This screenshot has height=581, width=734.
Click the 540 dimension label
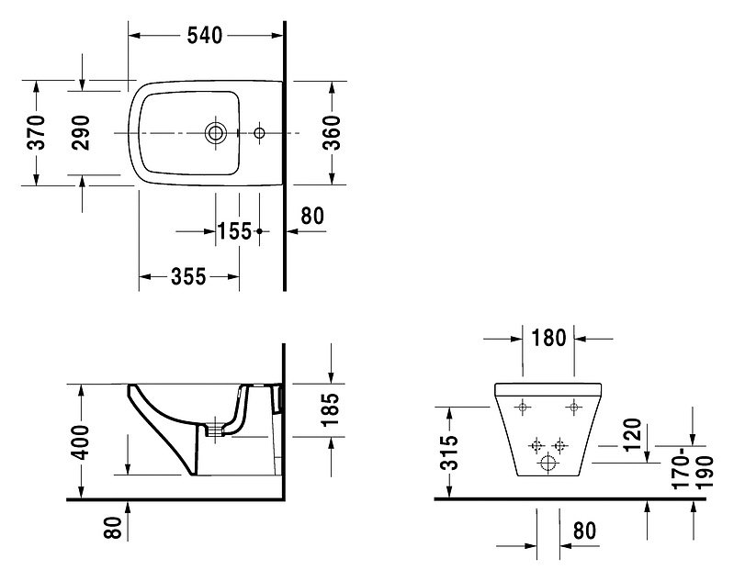205,36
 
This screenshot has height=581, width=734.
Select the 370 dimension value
36,132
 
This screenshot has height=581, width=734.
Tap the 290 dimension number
81,132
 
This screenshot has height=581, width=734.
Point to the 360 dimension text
332,132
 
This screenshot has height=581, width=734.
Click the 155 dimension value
234,231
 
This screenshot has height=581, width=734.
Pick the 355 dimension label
188,276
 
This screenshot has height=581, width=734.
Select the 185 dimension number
330,409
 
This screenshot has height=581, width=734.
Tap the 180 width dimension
548,338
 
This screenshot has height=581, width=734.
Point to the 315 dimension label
449,453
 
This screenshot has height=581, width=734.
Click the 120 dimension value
632,434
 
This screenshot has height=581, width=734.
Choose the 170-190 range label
692,468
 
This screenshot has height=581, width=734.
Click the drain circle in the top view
215,133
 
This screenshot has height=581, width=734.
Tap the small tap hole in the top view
259,133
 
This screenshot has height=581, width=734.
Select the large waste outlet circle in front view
548,464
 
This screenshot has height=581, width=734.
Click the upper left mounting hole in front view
523,407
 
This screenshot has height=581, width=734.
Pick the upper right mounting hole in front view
574,407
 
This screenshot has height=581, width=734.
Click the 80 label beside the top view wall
312,216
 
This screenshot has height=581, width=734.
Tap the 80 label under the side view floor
113,527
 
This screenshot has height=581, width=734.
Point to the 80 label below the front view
584,531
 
